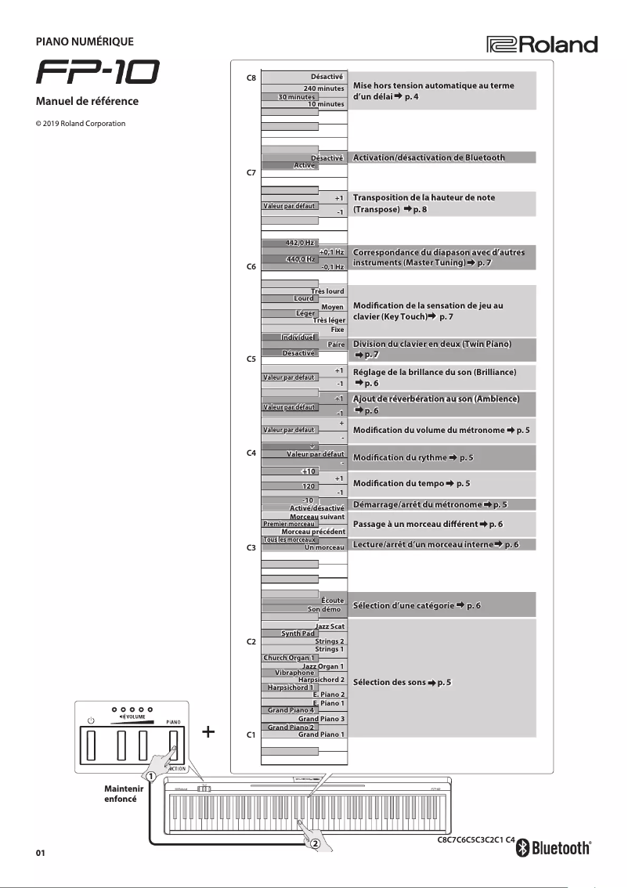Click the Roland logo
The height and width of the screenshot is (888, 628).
coord(542,45)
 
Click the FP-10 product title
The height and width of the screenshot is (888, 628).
coord(98,74)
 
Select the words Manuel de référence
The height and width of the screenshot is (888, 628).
coord(87,102)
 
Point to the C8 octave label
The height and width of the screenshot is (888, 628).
coord(251,78)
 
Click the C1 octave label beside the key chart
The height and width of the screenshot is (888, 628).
coord(251,735)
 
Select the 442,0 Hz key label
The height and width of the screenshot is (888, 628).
coord(301,244)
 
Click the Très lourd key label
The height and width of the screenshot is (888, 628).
coord(327,291)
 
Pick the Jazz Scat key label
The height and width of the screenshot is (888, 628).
coord(330,626)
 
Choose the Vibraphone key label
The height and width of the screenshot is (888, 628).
coord(294,673)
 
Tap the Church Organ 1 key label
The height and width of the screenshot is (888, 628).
coord(289,658)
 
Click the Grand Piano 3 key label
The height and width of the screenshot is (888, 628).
coord(321,719)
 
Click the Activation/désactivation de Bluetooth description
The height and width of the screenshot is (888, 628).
coord(429,158)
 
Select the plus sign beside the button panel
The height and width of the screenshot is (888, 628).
coord(208,732)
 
